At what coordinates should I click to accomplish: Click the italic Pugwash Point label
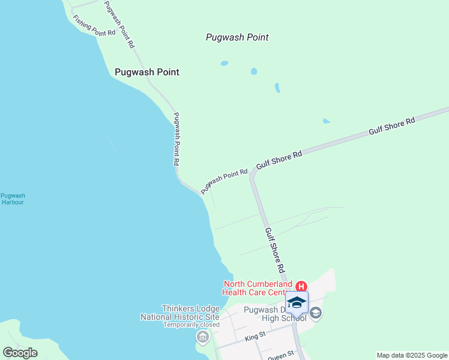237,37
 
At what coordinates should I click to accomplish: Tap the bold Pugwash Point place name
147,72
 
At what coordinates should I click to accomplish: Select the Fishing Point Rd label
94,26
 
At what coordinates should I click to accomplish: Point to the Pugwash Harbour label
13,199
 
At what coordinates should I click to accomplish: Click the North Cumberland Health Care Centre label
258,288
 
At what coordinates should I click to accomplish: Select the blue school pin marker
297,302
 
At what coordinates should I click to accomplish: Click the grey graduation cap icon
316,313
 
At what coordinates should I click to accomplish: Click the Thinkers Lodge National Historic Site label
179,313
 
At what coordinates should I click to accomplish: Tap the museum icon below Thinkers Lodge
202,338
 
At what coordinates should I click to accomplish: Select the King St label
256,338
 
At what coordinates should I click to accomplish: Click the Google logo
20,353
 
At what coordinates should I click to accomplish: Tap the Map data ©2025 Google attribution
412,355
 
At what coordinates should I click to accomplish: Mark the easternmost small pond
326,121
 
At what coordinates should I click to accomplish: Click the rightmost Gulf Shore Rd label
392,128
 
